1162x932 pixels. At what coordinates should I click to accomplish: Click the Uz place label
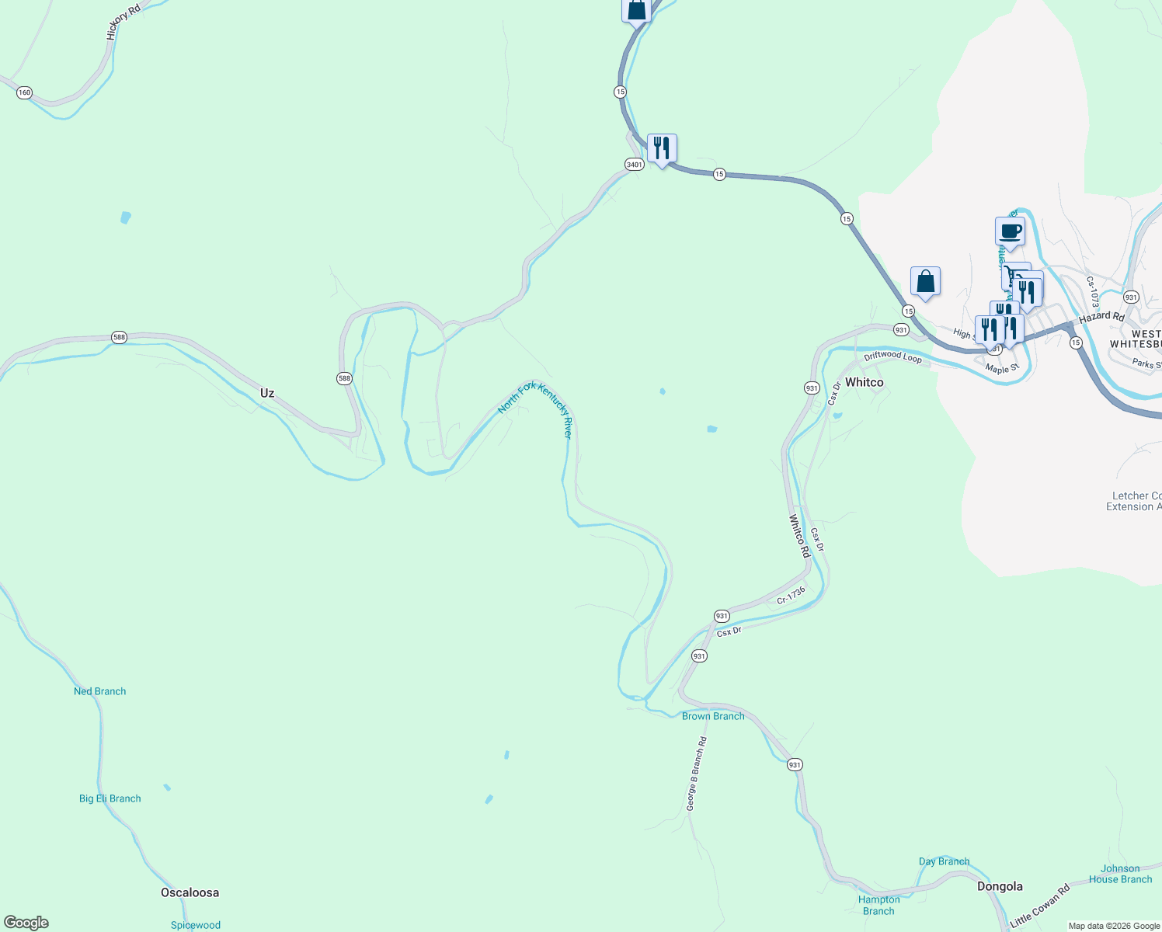pos(267,393)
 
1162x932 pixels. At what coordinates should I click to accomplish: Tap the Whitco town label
pos(864,382)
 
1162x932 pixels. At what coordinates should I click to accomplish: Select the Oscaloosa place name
pos(190,892)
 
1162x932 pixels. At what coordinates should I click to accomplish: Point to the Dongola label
pos(1000,886)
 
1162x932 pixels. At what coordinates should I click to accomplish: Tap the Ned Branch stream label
pos(99,691)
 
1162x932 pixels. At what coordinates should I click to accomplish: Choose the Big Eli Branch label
pos(110,798)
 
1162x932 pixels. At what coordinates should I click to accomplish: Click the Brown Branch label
pos(713,716)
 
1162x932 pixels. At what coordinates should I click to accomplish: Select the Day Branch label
pos(944,861)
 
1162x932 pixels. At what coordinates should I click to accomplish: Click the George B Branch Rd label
pos(697,774)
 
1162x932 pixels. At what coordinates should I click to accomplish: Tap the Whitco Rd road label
pos(799,536)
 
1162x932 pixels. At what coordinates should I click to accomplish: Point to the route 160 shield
pos(24,92)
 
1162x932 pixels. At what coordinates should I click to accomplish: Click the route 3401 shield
pos(634,164)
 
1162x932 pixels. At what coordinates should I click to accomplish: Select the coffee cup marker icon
pos(1010,231)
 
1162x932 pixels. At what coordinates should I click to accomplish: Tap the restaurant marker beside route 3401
pos(662,148)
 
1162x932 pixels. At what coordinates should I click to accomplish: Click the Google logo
pos(26,923)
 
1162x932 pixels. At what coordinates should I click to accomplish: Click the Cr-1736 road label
pos(791,596)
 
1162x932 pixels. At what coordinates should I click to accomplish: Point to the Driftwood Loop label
pos(892,356)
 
